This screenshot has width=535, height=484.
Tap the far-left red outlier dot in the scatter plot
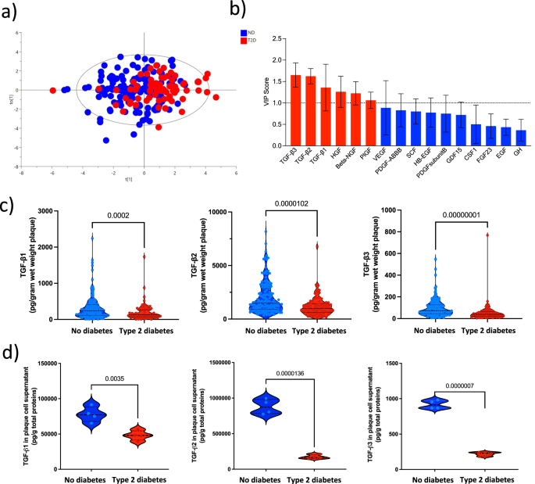pos(53,90)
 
